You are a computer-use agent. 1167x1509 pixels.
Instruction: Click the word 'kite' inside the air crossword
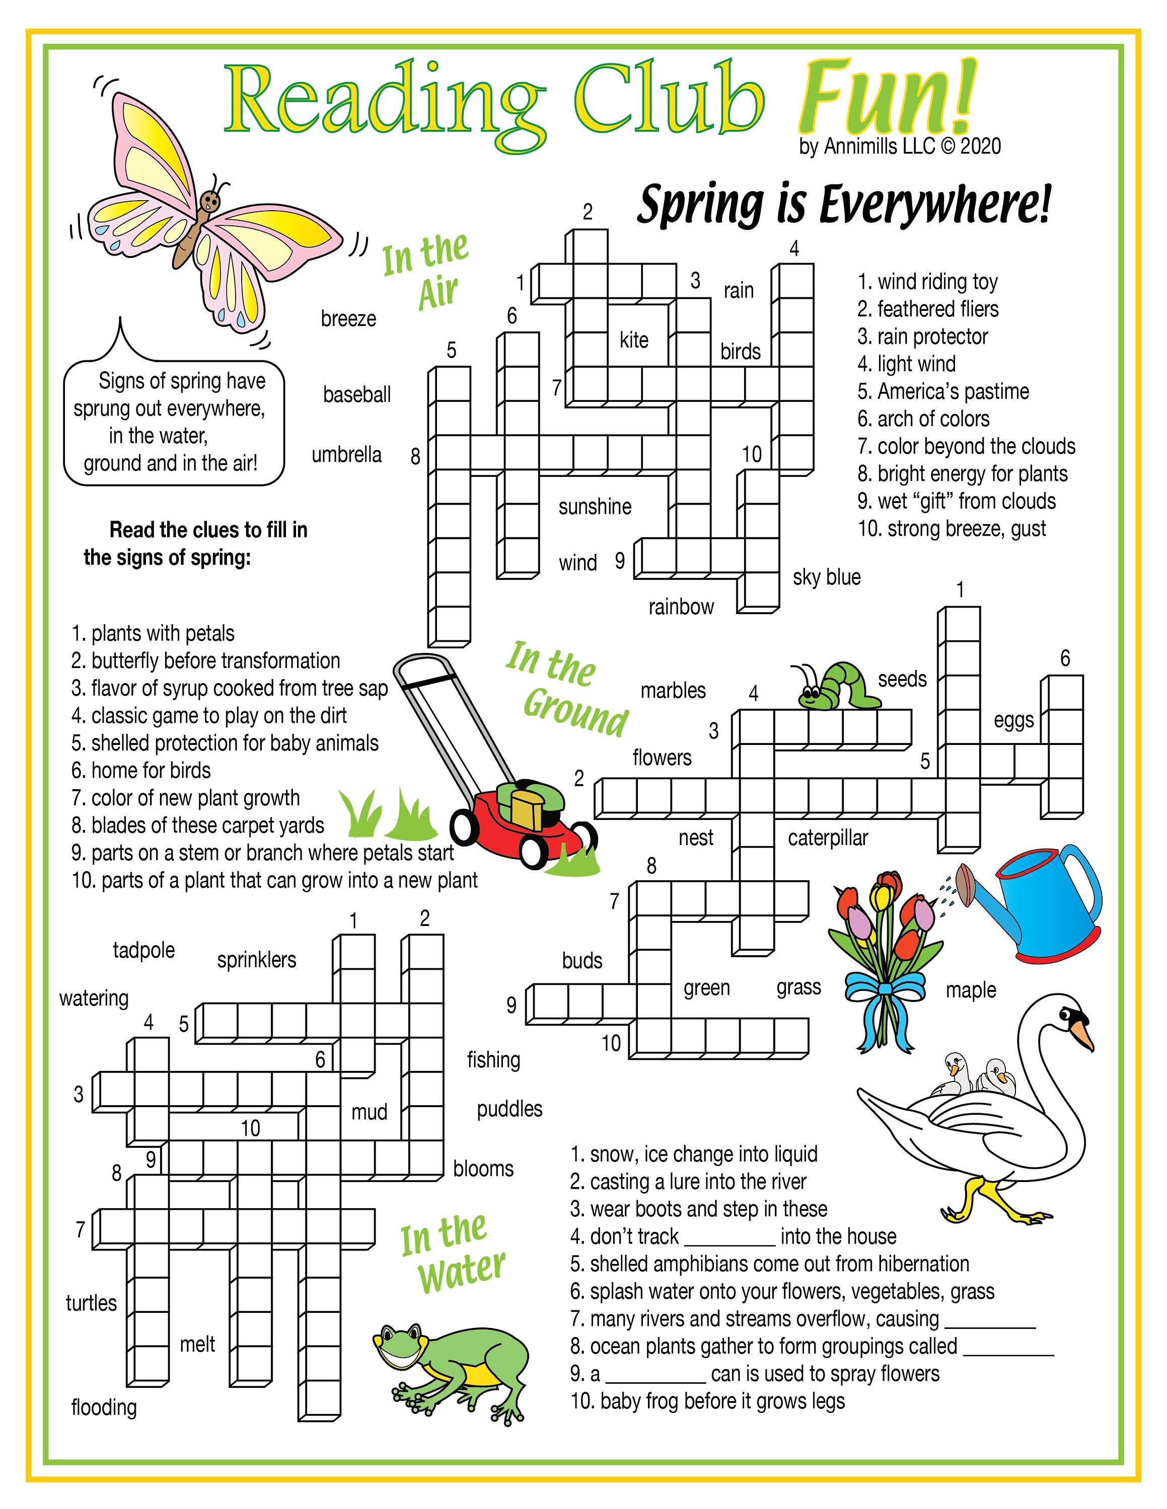click(633, 340)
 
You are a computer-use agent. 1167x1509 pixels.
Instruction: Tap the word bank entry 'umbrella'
click(346, 455)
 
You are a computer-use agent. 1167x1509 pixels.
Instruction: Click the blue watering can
click(1044, 905)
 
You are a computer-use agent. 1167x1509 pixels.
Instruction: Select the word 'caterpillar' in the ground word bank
click(828, 838)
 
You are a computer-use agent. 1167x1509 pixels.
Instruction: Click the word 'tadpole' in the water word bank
click(144, 950)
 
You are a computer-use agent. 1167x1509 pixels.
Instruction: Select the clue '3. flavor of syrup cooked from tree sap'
click(230, 688)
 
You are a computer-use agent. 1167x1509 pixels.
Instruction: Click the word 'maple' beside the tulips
click(971, 989)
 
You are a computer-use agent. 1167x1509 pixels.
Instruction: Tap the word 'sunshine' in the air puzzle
click(595, 507)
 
